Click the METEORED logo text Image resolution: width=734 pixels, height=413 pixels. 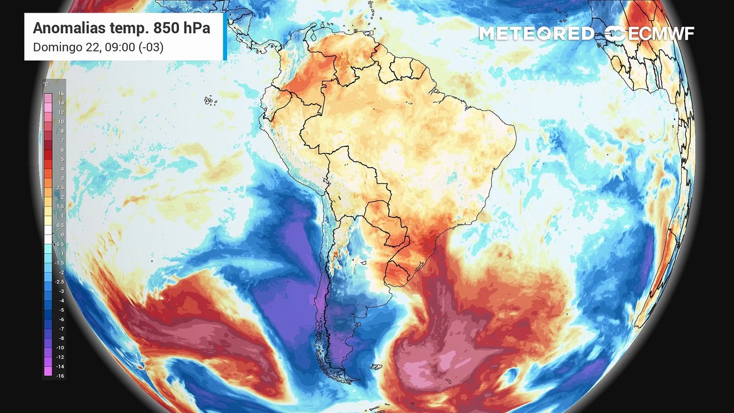click(x=536, y=34)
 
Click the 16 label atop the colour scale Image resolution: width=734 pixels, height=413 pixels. click(x=60, y=93)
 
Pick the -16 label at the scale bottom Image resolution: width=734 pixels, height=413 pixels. click(x=60, y=375)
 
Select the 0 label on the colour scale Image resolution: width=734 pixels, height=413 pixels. click(x=61, y=234)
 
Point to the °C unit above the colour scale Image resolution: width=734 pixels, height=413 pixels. click(x=46, y=84)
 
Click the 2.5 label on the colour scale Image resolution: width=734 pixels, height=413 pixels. click(x=60, y=188)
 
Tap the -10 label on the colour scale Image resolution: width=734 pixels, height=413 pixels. click(x=60, y=347)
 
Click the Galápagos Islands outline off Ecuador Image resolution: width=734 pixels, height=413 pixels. click(x=210, y=101)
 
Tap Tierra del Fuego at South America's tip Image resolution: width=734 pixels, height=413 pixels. click(x=344, y=376)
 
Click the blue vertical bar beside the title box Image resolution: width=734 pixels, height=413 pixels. click(x=225, y=36)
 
